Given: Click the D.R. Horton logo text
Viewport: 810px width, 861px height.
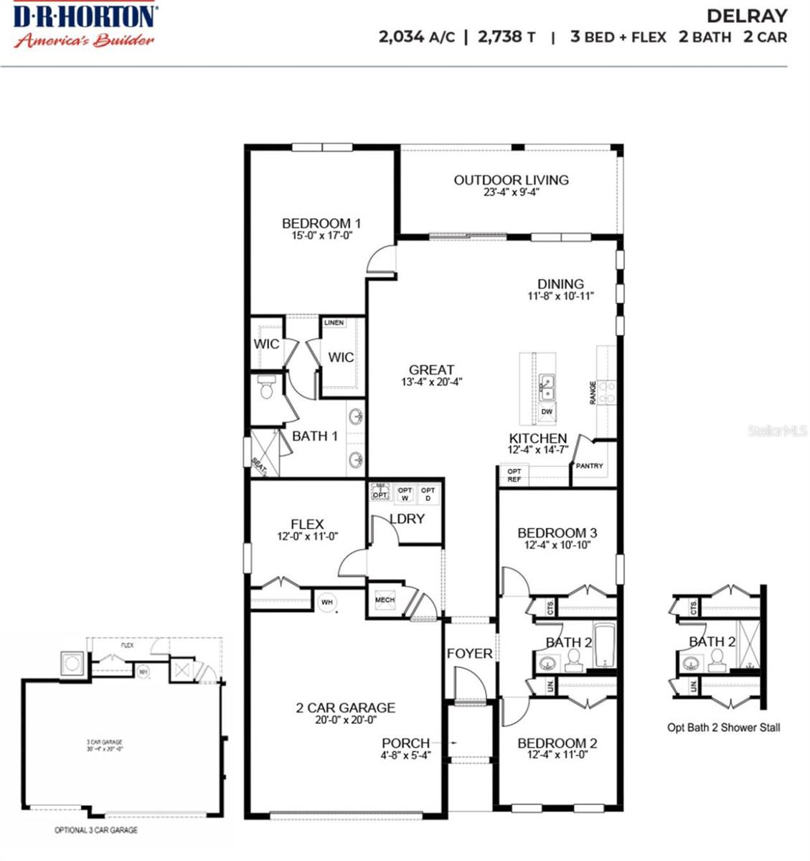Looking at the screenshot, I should coord(85,16).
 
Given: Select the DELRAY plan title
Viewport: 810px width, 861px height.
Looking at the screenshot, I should coord(747,16).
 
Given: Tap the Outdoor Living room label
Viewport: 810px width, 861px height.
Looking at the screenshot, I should coord(511,180).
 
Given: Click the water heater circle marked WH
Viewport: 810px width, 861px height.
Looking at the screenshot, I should coord(327,602).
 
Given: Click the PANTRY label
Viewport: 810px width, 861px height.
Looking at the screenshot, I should coord(590,466).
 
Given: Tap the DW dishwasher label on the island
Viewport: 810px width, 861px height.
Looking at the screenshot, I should coord(547,412).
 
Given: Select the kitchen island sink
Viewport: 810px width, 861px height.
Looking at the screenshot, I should coord(547,388).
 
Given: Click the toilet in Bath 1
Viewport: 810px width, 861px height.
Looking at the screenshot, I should coord(267,388).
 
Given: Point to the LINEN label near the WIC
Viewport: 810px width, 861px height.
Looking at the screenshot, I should coord(334,323).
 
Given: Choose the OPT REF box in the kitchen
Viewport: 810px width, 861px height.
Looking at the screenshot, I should coord(514,475).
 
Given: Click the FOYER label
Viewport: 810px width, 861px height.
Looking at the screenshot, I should coord(470,654).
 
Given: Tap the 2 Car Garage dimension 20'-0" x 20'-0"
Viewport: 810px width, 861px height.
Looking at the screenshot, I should coord(346,720).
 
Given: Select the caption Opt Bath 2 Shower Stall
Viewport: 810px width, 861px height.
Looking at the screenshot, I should coord(723,728).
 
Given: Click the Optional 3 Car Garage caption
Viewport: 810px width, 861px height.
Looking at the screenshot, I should coord(96,830).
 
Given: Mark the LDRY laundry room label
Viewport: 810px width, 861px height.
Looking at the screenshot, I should coord(407,519).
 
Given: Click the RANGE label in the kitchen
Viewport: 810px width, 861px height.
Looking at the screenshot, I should coord(593,392).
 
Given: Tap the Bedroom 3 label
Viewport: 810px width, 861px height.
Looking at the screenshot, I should coord(557,533).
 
